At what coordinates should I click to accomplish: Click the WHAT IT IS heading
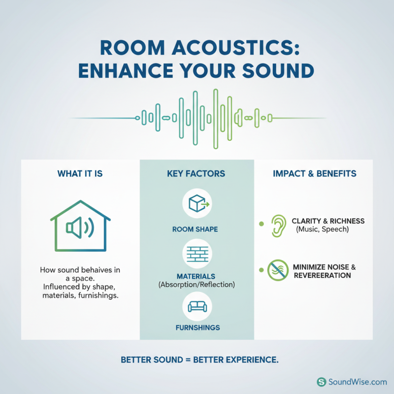(81, 174)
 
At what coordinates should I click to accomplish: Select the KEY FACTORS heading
(197, 174)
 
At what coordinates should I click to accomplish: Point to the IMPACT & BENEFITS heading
(314, 174)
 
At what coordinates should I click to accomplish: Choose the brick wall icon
(197, 254)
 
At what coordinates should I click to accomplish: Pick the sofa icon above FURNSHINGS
(197, 306)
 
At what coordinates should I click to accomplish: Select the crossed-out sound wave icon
(277, 271)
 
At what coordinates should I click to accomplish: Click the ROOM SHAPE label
(197, 230)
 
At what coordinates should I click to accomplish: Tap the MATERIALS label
(197, 276)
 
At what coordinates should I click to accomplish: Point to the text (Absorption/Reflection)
(197, 284)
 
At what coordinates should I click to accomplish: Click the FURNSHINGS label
(197, 328)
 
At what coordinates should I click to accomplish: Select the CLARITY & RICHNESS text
(328, 221)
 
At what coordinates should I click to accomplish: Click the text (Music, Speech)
(323, 230)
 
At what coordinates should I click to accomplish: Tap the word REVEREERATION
(322, 275)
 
